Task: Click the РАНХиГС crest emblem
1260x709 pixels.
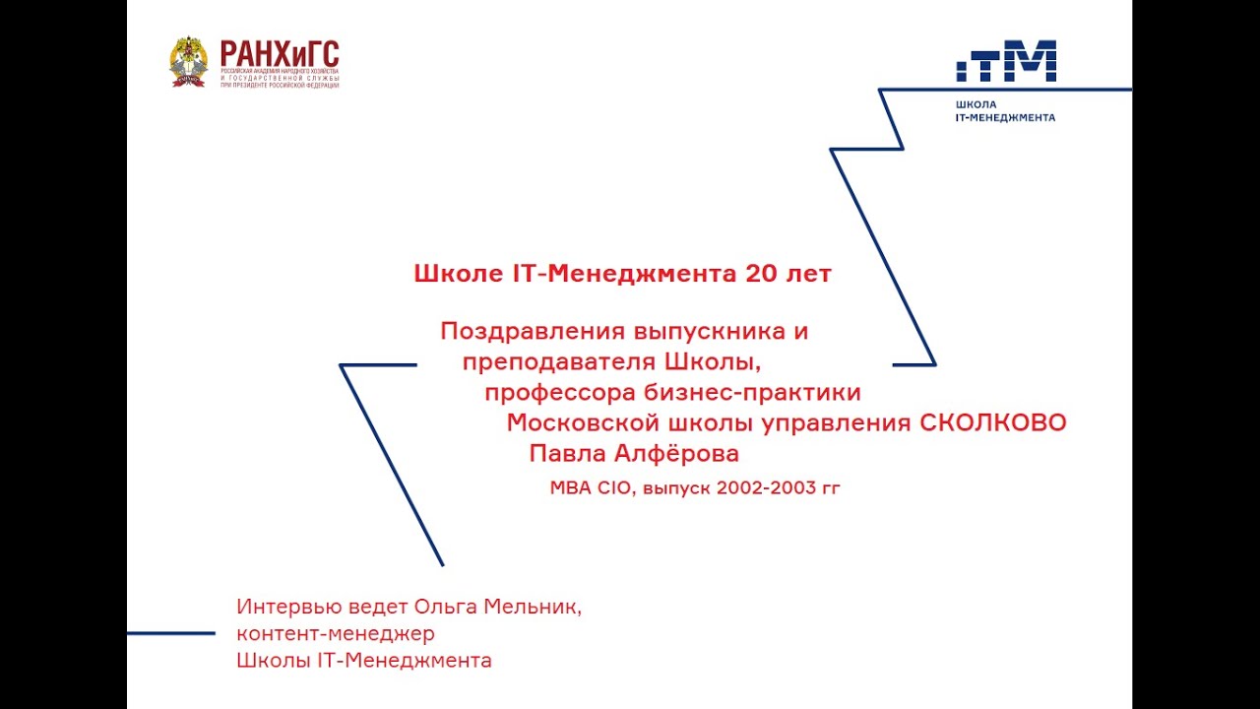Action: (x=188, y=62)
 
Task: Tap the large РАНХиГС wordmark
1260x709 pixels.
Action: (x=279, y=54)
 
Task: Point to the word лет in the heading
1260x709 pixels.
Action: (x=811, y=274)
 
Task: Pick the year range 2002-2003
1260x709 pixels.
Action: (x=767, y=486)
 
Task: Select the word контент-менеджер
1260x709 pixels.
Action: (x=335, y=633)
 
